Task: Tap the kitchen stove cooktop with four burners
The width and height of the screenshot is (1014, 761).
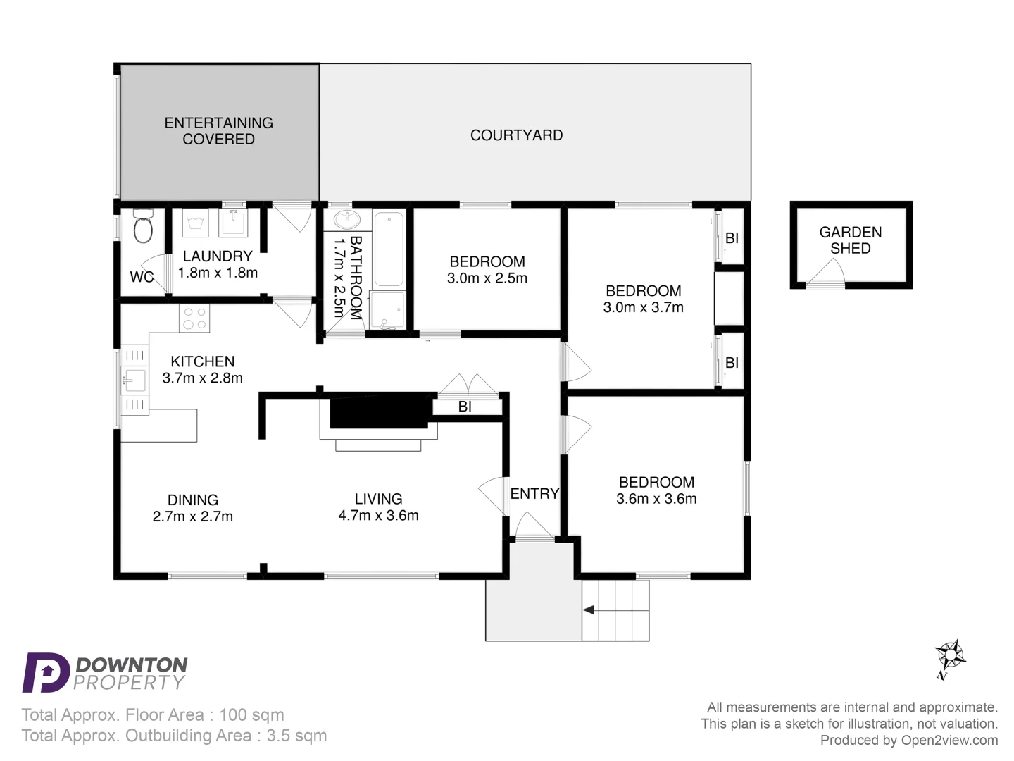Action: click(194, 318)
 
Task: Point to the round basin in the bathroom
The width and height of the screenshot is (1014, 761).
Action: click(346, 220)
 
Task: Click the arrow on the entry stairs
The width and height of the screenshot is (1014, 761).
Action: click(589, 610)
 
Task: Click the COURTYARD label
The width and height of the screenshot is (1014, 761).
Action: click(516, 135)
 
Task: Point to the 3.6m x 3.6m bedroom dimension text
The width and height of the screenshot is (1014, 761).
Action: click(656, 499)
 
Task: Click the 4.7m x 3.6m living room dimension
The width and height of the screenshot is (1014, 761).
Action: click(378, 515)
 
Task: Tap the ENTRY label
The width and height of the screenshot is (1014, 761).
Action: click(534, 494)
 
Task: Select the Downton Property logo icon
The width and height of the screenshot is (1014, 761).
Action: click(45, 672)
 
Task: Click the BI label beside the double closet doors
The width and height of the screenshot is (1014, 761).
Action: click(465, 407)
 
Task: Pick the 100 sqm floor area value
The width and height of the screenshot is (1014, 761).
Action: click(251, 714)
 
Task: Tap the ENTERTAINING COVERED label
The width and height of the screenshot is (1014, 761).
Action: click(218, 131)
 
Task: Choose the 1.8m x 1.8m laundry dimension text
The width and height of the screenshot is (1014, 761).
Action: click(218, 273)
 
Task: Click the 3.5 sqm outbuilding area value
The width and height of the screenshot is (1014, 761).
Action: click(296, 736)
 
